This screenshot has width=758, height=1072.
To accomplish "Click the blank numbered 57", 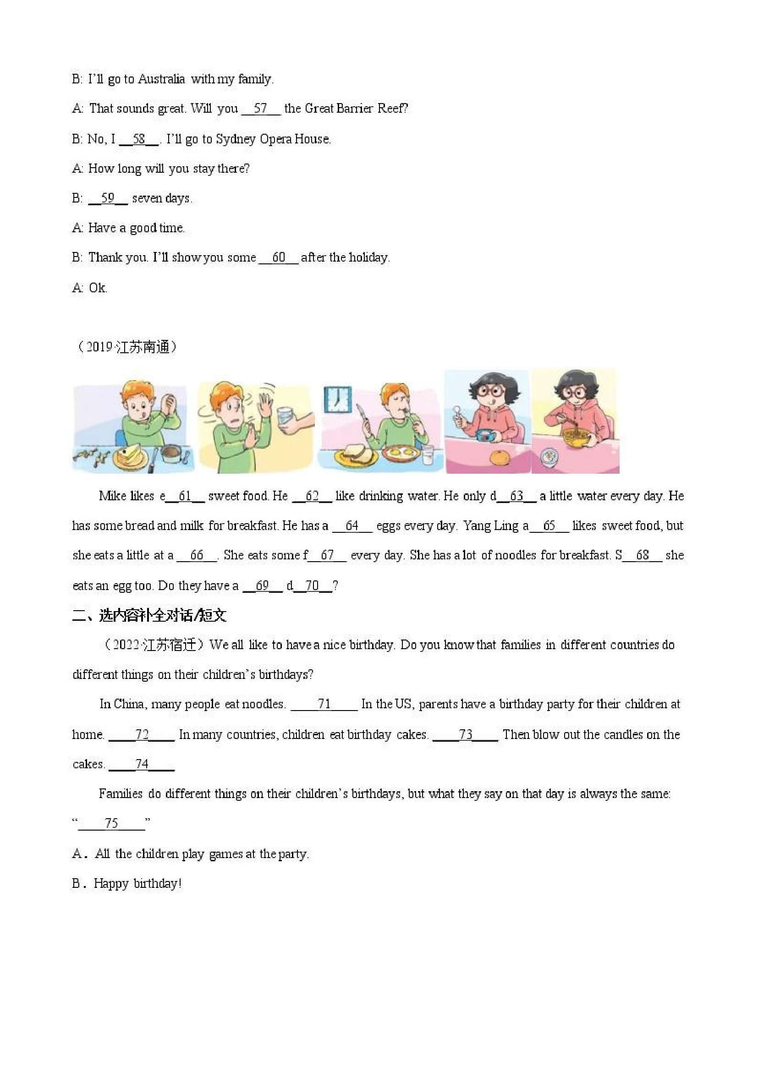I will pyautogui.click(x=261, y=109).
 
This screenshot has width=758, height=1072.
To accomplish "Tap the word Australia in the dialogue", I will pyautogui.click(x=162, y=79).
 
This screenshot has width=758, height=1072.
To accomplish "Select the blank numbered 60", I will pyautogui.click(x=278, y=258).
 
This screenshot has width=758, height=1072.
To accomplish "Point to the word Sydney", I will pyautogui.click(x=236, y=139).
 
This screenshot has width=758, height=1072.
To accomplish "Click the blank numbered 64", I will pyautogui.click(x=352, y=526).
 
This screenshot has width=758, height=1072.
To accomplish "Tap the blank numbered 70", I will pyautogui.click(x=312, y=586).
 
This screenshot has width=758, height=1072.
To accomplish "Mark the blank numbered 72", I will pyautogui.click(x=142, y=735).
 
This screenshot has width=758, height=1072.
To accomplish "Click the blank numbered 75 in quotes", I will pyautogui.click(x=112, y=823).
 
